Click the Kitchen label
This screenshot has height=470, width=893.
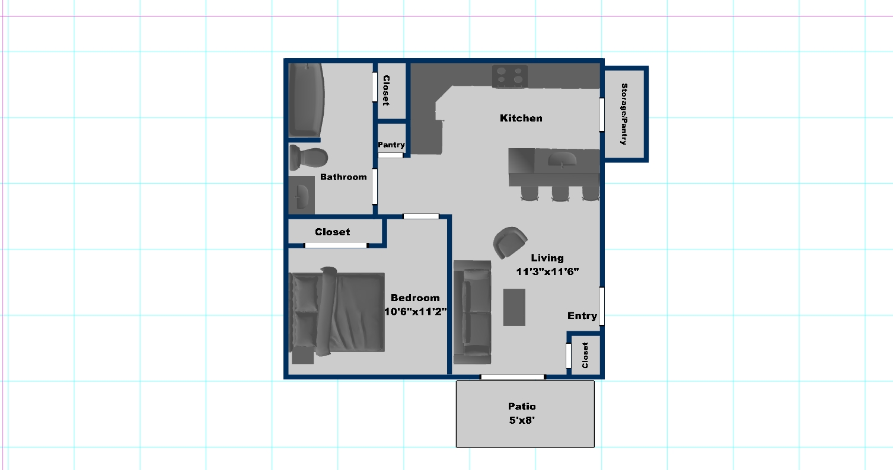521,118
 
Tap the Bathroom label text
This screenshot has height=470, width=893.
343,177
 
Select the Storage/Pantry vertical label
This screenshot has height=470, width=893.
624,114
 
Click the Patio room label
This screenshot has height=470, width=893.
522,406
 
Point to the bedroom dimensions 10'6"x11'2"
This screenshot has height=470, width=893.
416,311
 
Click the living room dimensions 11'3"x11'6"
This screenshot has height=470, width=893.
547,271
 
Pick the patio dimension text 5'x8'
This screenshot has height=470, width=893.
522,420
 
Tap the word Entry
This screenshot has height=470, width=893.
582,316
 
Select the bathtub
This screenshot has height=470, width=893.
306,100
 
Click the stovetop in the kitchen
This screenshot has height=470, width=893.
510,76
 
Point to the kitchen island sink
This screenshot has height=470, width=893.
562,160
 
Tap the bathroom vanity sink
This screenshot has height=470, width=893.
302,196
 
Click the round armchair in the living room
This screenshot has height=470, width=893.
509,242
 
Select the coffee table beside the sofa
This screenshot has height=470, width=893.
514,308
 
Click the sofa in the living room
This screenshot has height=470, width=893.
473,312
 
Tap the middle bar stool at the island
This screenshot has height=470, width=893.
560,193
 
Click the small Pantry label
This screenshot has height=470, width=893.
391,145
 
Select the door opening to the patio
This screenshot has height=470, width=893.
513,377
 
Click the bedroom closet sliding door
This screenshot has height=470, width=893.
336,245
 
